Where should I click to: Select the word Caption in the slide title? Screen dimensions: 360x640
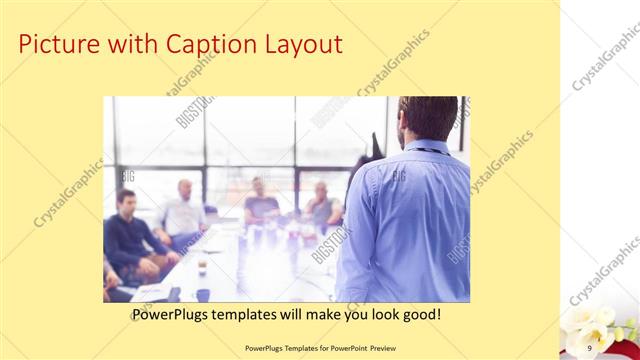[205, 45]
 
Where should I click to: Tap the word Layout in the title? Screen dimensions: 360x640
[299, 45]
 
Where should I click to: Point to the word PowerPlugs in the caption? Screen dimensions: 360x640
[172, 315]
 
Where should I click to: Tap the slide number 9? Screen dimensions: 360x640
[590, 347]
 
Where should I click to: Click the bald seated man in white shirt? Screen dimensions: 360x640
[182, 212]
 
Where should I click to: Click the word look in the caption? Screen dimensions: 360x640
[380, 315]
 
